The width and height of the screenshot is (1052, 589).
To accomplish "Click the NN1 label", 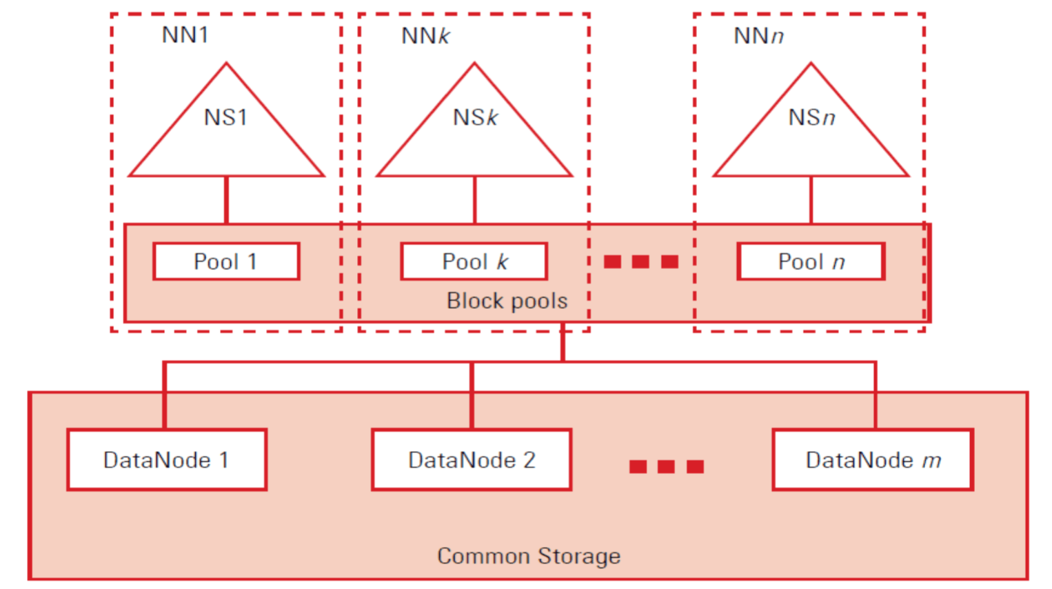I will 185,34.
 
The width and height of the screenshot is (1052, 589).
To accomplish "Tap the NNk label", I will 425,35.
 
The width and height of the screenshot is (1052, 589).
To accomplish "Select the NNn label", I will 758,35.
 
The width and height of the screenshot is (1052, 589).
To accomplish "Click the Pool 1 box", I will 226,261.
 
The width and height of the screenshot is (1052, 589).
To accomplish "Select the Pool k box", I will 474,261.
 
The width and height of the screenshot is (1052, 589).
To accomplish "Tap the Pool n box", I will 811,261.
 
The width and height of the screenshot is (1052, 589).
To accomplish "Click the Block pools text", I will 507,301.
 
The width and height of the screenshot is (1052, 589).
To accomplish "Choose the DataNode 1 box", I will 167,460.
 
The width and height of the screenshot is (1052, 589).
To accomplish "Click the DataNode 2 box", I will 472,460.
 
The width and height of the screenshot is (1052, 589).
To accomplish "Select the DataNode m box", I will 873,460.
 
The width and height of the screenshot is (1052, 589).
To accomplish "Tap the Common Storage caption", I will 529,556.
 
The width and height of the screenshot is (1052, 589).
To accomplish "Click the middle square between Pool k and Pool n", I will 640,261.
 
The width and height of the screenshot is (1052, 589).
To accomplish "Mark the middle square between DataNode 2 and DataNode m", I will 666,467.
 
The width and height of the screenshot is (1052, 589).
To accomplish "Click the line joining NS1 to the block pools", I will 226,200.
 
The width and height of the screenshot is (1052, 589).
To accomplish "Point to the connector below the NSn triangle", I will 811,200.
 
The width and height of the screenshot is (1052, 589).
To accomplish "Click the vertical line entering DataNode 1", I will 164,397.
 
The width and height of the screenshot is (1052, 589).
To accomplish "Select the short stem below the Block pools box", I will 563,341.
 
